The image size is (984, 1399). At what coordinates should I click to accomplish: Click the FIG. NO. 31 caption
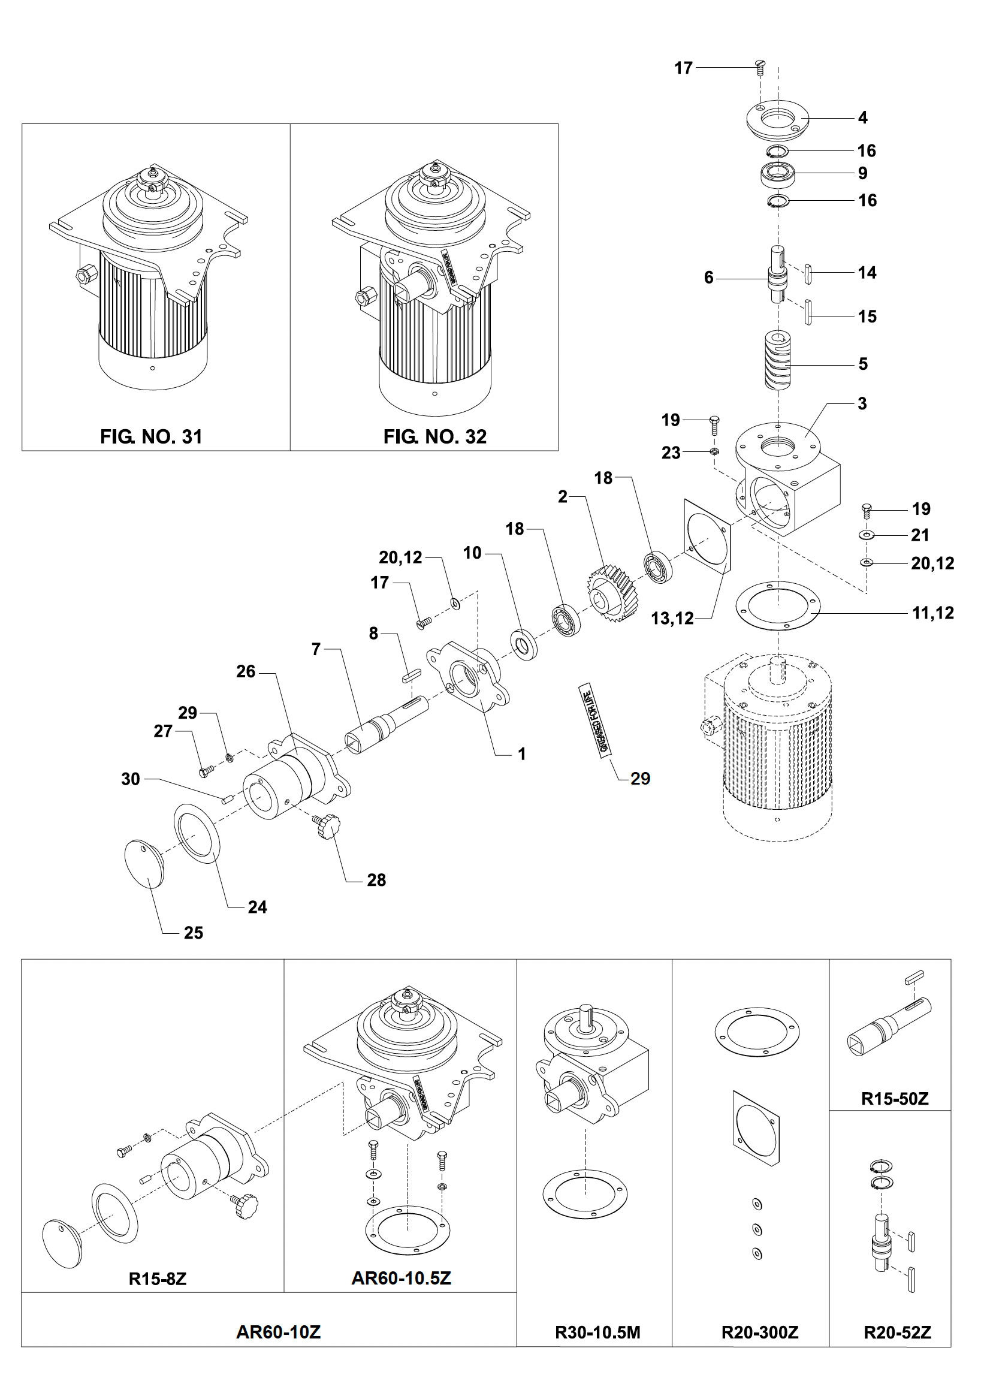pyautogui.click(x=150, y=436)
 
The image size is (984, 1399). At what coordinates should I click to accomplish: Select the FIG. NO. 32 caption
pyautogui.click(x=434, y=436)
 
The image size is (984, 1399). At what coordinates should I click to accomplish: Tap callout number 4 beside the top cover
pyautogui.click(x=862, y=117)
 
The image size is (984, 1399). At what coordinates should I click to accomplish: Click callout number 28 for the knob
pyautogui.click(x=376, y=880)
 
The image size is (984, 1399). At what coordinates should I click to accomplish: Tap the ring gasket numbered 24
pyautogui.click(x=197, y=834)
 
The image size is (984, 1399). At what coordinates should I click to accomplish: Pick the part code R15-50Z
pyautogui.click(x=894, y=1099)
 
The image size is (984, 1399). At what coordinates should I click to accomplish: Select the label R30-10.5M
pyautogui.click(x=597, y=1332)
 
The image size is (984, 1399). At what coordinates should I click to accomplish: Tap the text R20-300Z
pyautogui.click(x=759, y=1332)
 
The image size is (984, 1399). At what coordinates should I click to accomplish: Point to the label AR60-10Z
pyautogui.click(x=278, y=1332)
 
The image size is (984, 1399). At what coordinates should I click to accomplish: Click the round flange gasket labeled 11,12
pyautogui.click(x=777, y=605)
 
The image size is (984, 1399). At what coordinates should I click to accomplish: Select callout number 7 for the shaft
pyautogui.click(x=316, y=649)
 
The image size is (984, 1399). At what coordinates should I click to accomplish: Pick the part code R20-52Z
pyautogui.click(x=897, y=1332)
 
